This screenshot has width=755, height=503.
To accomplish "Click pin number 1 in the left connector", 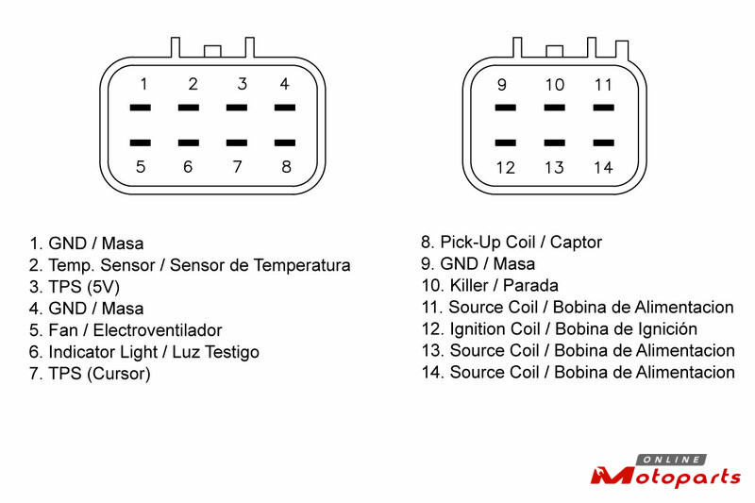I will tap(143, 84).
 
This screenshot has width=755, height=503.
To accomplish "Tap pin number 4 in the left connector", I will tap(285, 84).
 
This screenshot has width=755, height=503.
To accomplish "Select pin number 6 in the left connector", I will tap(188, 167).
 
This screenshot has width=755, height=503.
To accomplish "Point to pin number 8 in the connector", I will tap(286, 167).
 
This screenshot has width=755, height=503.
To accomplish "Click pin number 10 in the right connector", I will tap(554, 85).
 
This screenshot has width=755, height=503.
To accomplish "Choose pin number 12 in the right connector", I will tap(505, 168).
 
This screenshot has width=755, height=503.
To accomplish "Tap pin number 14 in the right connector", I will tap(604, 168).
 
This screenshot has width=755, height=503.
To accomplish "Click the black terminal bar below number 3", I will tap(238, 108).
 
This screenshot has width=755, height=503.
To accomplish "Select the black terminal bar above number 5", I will tap(141, 143).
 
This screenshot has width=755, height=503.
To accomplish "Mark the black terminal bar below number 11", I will tap(604, 108).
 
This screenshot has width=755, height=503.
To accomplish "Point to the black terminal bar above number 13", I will tap(554, 143).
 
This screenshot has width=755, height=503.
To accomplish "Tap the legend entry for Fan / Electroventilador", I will tap(126, 330).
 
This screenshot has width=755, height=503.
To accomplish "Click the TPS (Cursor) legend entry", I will tap(90, 374).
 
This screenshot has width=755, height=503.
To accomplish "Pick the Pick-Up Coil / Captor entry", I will tap(511, 243).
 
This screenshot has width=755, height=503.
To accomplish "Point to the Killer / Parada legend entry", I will tap(490, 285).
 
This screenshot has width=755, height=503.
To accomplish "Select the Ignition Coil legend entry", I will tap(560, 329).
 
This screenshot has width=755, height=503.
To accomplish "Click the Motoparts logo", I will tap(665, 473).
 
